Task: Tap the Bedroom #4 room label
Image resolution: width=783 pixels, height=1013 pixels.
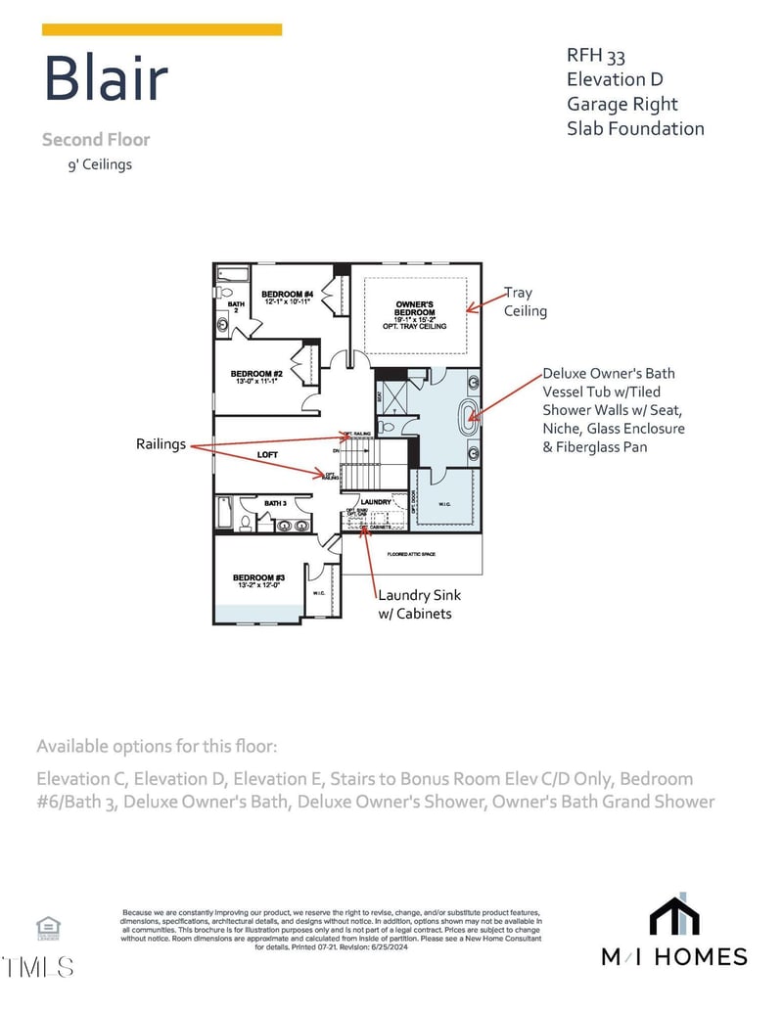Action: [x=287, y=298]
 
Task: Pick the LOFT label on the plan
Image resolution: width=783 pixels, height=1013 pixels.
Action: [x=267, y=455]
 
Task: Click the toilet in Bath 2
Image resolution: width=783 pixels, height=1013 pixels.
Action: [x=224, y=292]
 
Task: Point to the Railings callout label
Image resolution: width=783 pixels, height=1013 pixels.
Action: [x=161, y=444]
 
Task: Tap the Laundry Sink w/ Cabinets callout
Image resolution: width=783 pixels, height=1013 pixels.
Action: [x=419, y=604]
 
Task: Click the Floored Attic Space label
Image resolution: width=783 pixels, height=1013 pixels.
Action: [x=410, y=555]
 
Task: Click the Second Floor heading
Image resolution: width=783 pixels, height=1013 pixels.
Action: [x=96, y=140]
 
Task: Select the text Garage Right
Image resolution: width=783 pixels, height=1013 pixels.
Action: [x=622, y=104]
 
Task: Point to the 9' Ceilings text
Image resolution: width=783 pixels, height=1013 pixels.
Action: [x=98, y=164]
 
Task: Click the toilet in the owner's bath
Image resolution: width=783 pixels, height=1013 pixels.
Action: [x=387, y=428]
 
